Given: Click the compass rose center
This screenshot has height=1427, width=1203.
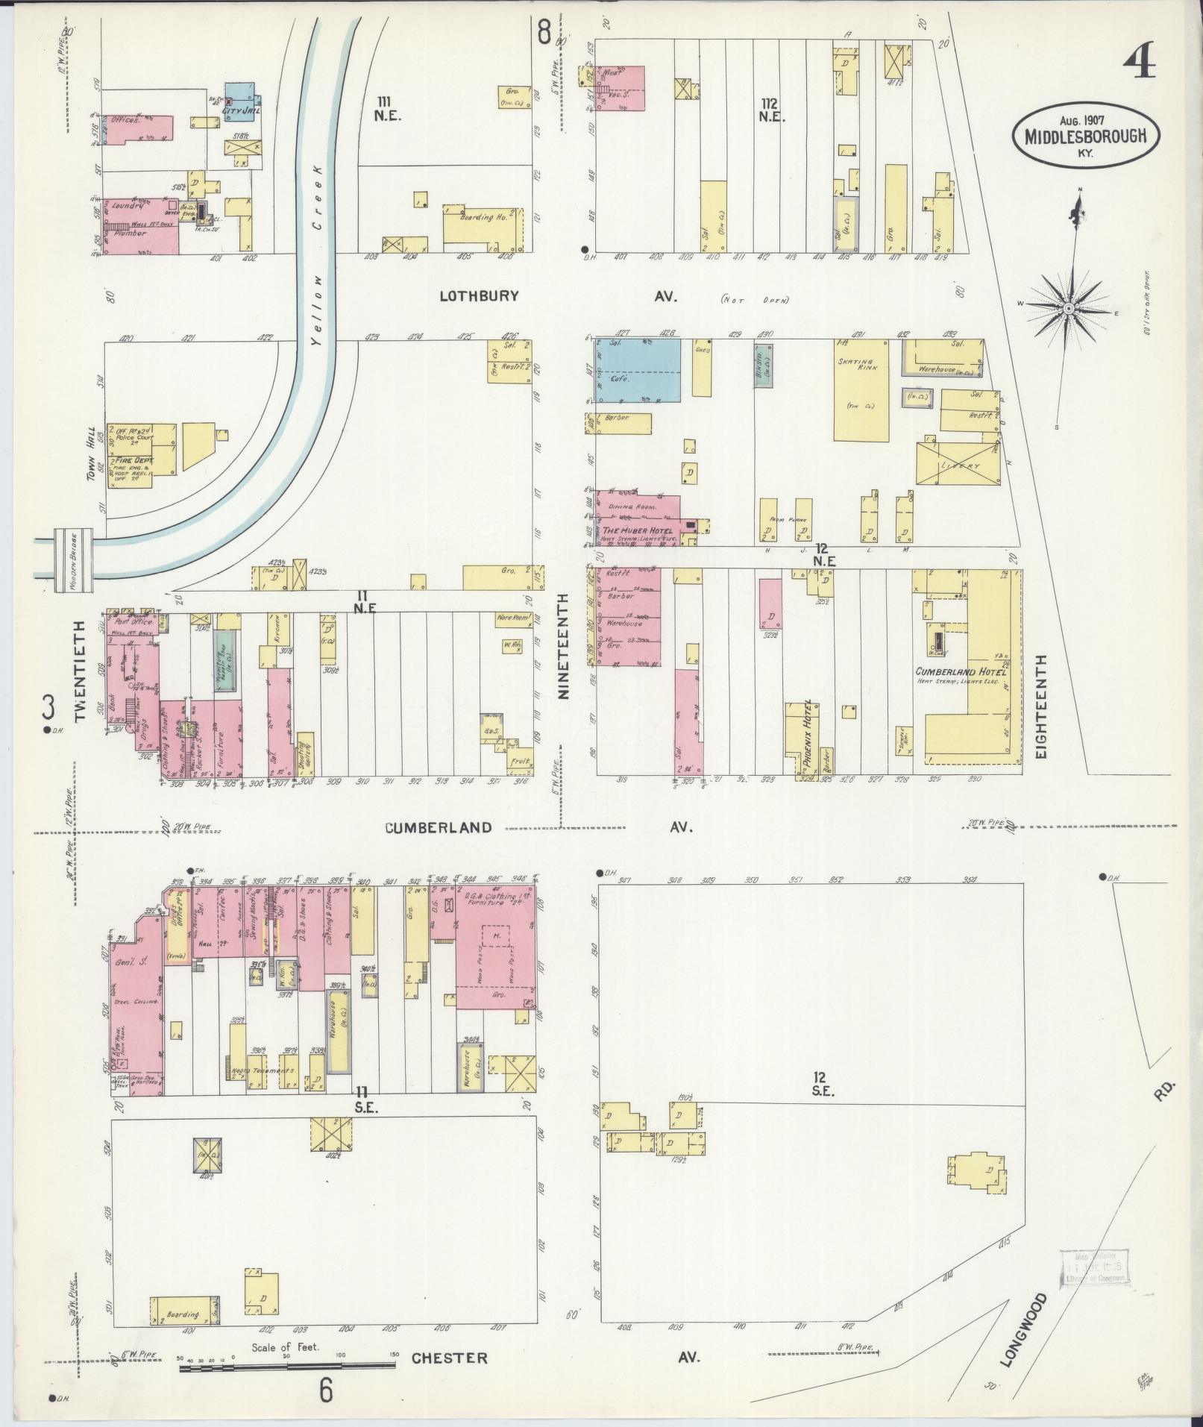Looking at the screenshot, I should (x=1069, y=308).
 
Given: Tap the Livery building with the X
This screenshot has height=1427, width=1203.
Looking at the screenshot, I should (x=958, y=465).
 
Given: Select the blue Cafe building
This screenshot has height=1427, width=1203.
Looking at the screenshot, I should (x=641, y=371).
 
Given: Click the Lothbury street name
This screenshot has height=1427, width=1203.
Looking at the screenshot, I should (x=478, y=296).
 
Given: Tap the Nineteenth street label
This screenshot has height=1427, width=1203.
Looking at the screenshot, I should (x=563, y=646).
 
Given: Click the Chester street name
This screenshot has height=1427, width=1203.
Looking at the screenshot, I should (x=450, y=1358).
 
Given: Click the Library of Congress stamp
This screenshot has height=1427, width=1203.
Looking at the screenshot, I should (x=1093, y=1267).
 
